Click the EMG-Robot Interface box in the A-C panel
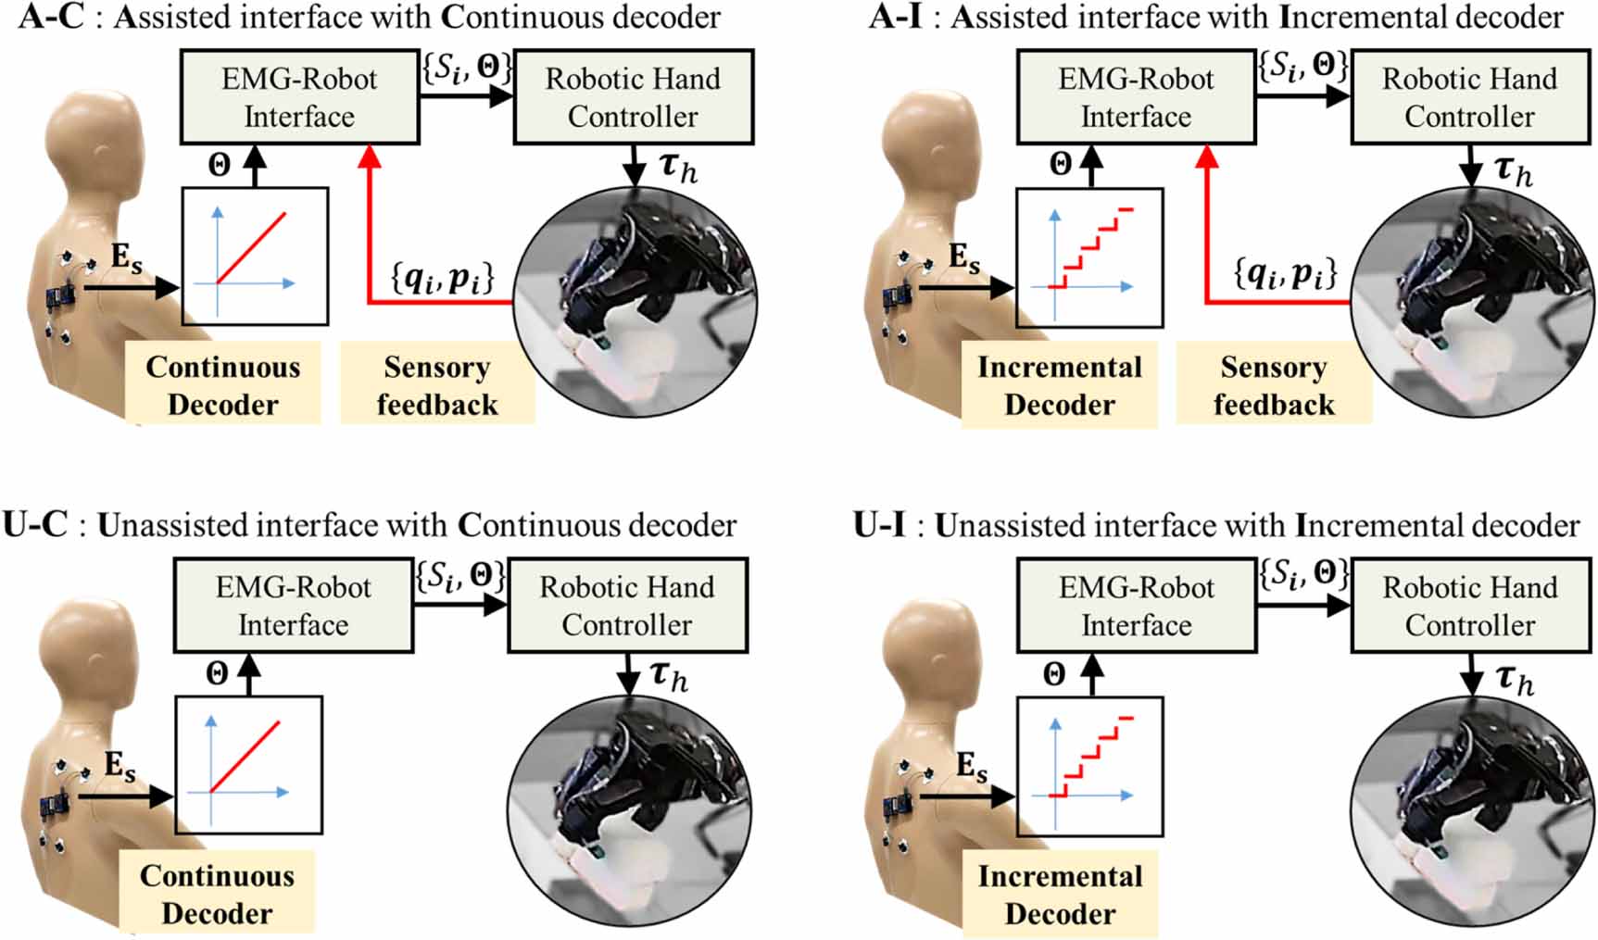pyautogui.click(x=299, y=97)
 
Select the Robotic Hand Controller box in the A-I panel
pyautogui.click(x=1469, y=97)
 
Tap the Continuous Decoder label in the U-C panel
pyautogui.click(x=217, y=894)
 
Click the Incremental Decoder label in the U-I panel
pyautogui.click(x=1060, y=895)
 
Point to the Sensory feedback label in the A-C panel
pyautogui.click(x=437, y=385)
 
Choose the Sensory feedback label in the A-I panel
pyautogui.click(x=1274, y=385)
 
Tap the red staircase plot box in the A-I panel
pyautogui.click(x=1089, y=258)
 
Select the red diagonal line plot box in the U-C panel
pyautogui.click(x=248, y=767)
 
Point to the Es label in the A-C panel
pyautogui.click(x=127, y=258)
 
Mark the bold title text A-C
pyautogui.click(x=44, y=18)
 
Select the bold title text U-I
pyautogui.click(x=878, y=526)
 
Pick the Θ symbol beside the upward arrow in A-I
pyautogui.click(x=1061, y=165)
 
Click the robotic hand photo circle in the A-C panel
pyautogui.click(x=635, y=306)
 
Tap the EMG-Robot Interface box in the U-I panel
pyautogui.click(x=1136, y=606)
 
